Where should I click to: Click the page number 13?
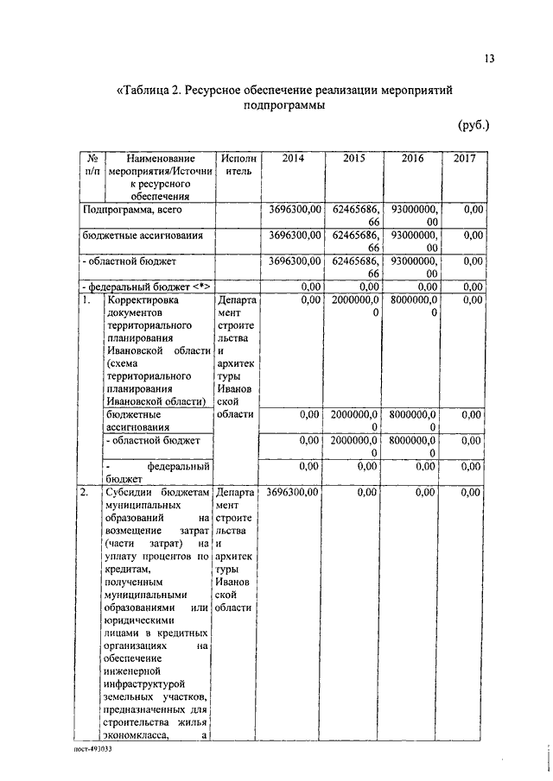click(x=489, y=58)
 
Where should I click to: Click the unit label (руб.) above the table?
click(x=474, y=125)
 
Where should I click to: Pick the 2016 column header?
click(x=413, y=159)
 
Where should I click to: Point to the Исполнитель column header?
click(x=238, y=165)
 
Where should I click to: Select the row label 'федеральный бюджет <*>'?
click(x=146, y=286)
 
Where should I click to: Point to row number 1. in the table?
click(x=86, y=300)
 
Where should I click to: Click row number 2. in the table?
click(x=86, y=493)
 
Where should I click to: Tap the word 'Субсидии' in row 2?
click(x=129, y=493)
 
